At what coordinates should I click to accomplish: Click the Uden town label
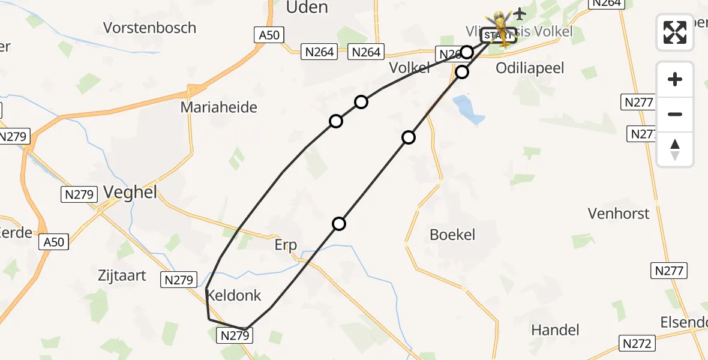point(307,7)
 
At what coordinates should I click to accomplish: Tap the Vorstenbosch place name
point(149,28)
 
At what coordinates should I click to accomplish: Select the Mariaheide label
point(219,107)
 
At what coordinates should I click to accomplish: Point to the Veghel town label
point(130,192)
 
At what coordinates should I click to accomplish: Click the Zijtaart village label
point(122,275)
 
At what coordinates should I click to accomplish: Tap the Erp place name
point(286,245)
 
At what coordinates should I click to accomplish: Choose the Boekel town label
point(452,235)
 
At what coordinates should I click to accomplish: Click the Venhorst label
point(619,214)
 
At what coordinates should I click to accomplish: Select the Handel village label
point(555,329)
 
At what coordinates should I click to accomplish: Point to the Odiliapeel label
point(530,68)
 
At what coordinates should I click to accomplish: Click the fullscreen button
point(675,32)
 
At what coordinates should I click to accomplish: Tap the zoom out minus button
point(675,114)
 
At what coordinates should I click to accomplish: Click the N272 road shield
point(637,344)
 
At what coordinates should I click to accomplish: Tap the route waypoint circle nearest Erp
point(339,224)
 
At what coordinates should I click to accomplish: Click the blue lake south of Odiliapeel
point(469,110)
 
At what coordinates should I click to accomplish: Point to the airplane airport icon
point(519,13)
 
